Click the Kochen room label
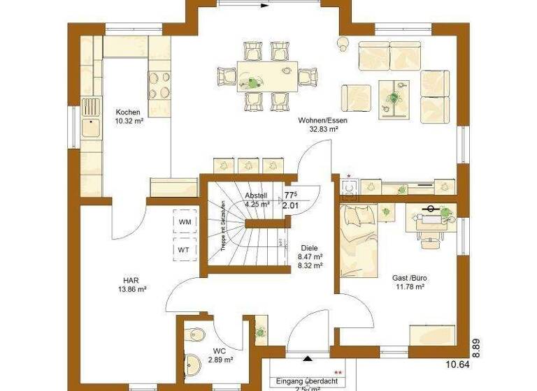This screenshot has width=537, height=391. [x=128, y=112]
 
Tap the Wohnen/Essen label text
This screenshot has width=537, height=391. [x=323, y=120]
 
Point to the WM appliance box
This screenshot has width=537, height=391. [x=185, y=222]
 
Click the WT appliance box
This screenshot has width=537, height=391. [x=185, y=249]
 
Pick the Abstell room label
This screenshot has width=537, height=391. [x=257, y=196]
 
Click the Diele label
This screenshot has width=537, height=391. [x=309, y=248]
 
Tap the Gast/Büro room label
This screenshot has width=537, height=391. [x=410, y=278]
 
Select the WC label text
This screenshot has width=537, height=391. [x=220, y=351]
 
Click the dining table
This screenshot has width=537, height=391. [x=266, y=74]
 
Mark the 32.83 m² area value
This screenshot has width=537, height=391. [x=323, y=129]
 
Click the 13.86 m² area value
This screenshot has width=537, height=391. [x=131, y=288]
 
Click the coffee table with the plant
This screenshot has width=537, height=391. [x=394, y=96]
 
